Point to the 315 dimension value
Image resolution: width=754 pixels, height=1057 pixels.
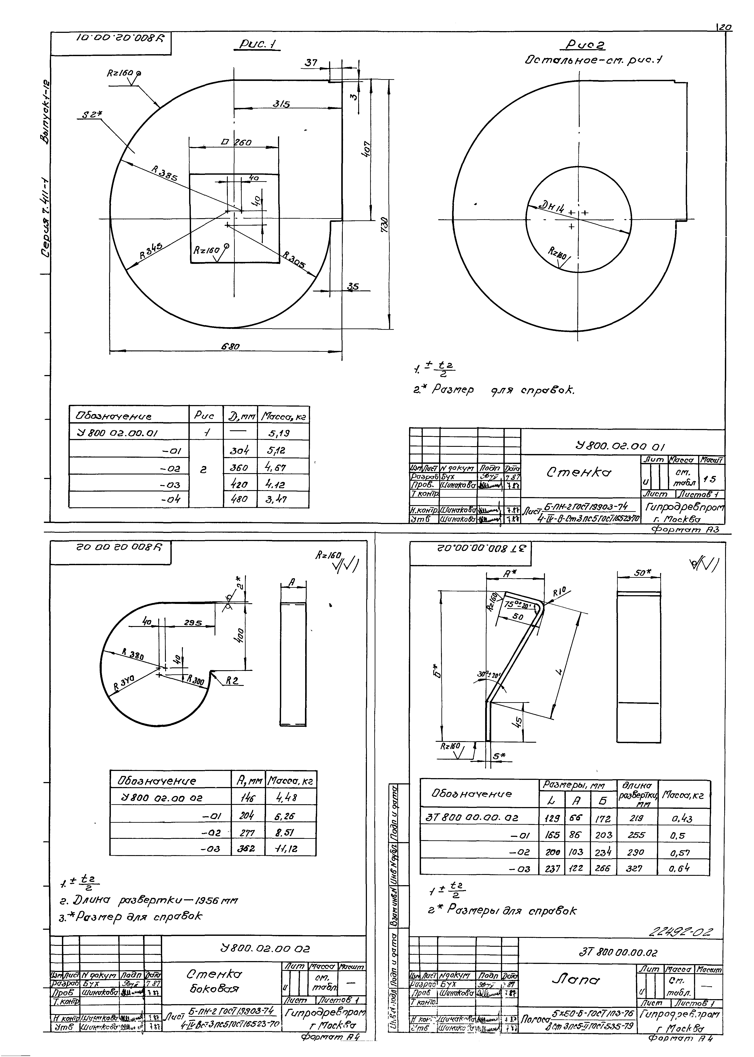(x=281, y=105)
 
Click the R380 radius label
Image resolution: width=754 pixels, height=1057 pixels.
(x=133, y=655)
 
